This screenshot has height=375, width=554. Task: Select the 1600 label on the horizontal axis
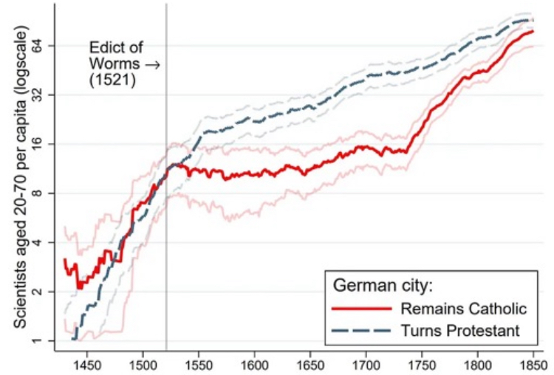[x=253, y=365]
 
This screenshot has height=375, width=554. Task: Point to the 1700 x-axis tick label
[x=366, y=365]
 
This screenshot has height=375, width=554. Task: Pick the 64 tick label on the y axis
[x=39, y=46]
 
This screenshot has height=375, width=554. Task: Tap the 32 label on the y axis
[x=39, y=95]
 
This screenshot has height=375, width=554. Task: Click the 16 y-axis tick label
[x=39, y=145]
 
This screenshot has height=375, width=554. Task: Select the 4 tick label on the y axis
[x=42, y=243]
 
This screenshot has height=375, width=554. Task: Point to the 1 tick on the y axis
[x=42, y=341]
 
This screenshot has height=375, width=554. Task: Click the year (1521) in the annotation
[x=112, y=80]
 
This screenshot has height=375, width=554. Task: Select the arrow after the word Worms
[x=152, y=64]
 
